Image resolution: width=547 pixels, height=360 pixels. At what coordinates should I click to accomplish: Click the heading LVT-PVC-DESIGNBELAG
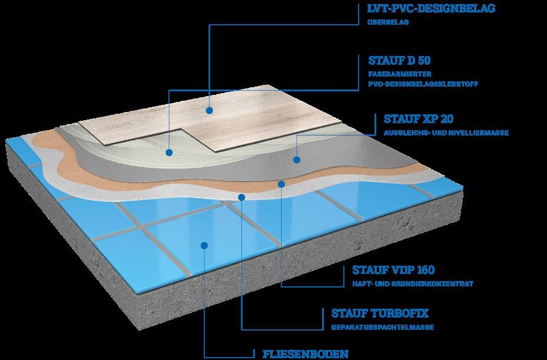(431, 8)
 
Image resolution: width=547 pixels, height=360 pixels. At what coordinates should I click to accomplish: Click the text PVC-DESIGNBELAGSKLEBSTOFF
(422, 84)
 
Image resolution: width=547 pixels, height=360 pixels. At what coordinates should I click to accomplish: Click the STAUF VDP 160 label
(393, 270)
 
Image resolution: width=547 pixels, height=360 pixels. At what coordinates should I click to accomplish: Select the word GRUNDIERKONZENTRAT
(439, 283)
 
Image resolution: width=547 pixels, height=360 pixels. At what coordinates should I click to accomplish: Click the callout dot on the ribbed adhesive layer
(169, 151)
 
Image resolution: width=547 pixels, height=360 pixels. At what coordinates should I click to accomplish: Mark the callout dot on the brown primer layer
(282, 184)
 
